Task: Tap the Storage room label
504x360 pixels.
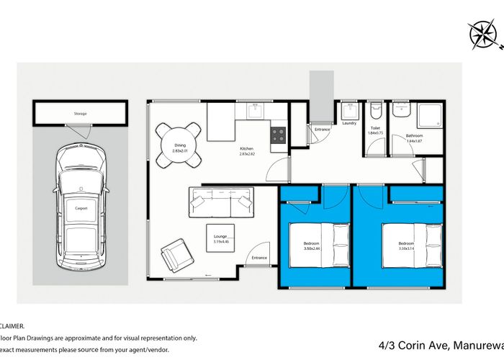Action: pos(80,114)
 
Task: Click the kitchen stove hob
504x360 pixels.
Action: pos(279,135)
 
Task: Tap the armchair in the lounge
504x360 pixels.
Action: pos(176,254)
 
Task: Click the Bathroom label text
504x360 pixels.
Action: pos(413,135)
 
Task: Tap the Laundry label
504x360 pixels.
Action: pos(349,123)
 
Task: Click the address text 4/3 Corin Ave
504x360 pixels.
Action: pos(439,345)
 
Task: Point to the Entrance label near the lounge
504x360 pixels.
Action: pos(258,257)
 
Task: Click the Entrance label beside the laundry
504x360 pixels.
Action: pos(321,130)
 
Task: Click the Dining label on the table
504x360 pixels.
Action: pos(180,145)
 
